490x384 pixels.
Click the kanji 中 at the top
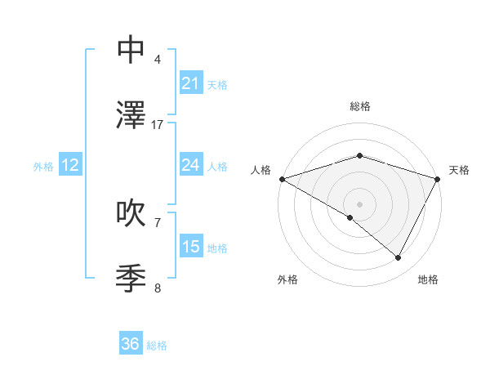[131, 50]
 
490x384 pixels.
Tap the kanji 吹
[131, 213]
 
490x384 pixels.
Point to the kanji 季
[131, 279]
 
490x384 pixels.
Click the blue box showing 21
[191, 83]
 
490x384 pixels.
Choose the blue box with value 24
[191, 165]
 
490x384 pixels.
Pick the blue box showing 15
[191, 247]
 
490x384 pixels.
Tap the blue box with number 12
[70, 166]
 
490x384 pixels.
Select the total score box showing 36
[131, 344]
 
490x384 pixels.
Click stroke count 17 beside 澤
[158, 125]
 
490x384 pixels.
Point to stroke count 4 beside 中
[158, 60]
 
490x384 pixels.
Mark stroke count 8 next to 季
[158, 288]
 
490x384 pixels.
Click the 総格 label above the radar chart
[359, 106]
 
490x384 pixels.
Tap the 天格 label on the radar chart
[459, 170]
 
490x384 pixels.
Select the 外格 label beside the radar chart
[287, 279]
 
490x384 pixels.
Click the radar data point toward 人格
[282, 179]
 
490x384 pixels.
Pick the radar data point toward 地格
[399, 258]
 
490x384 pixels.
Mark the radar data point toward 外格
[350, 217]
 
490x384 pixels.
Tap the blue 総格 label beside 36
[157, 346]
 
